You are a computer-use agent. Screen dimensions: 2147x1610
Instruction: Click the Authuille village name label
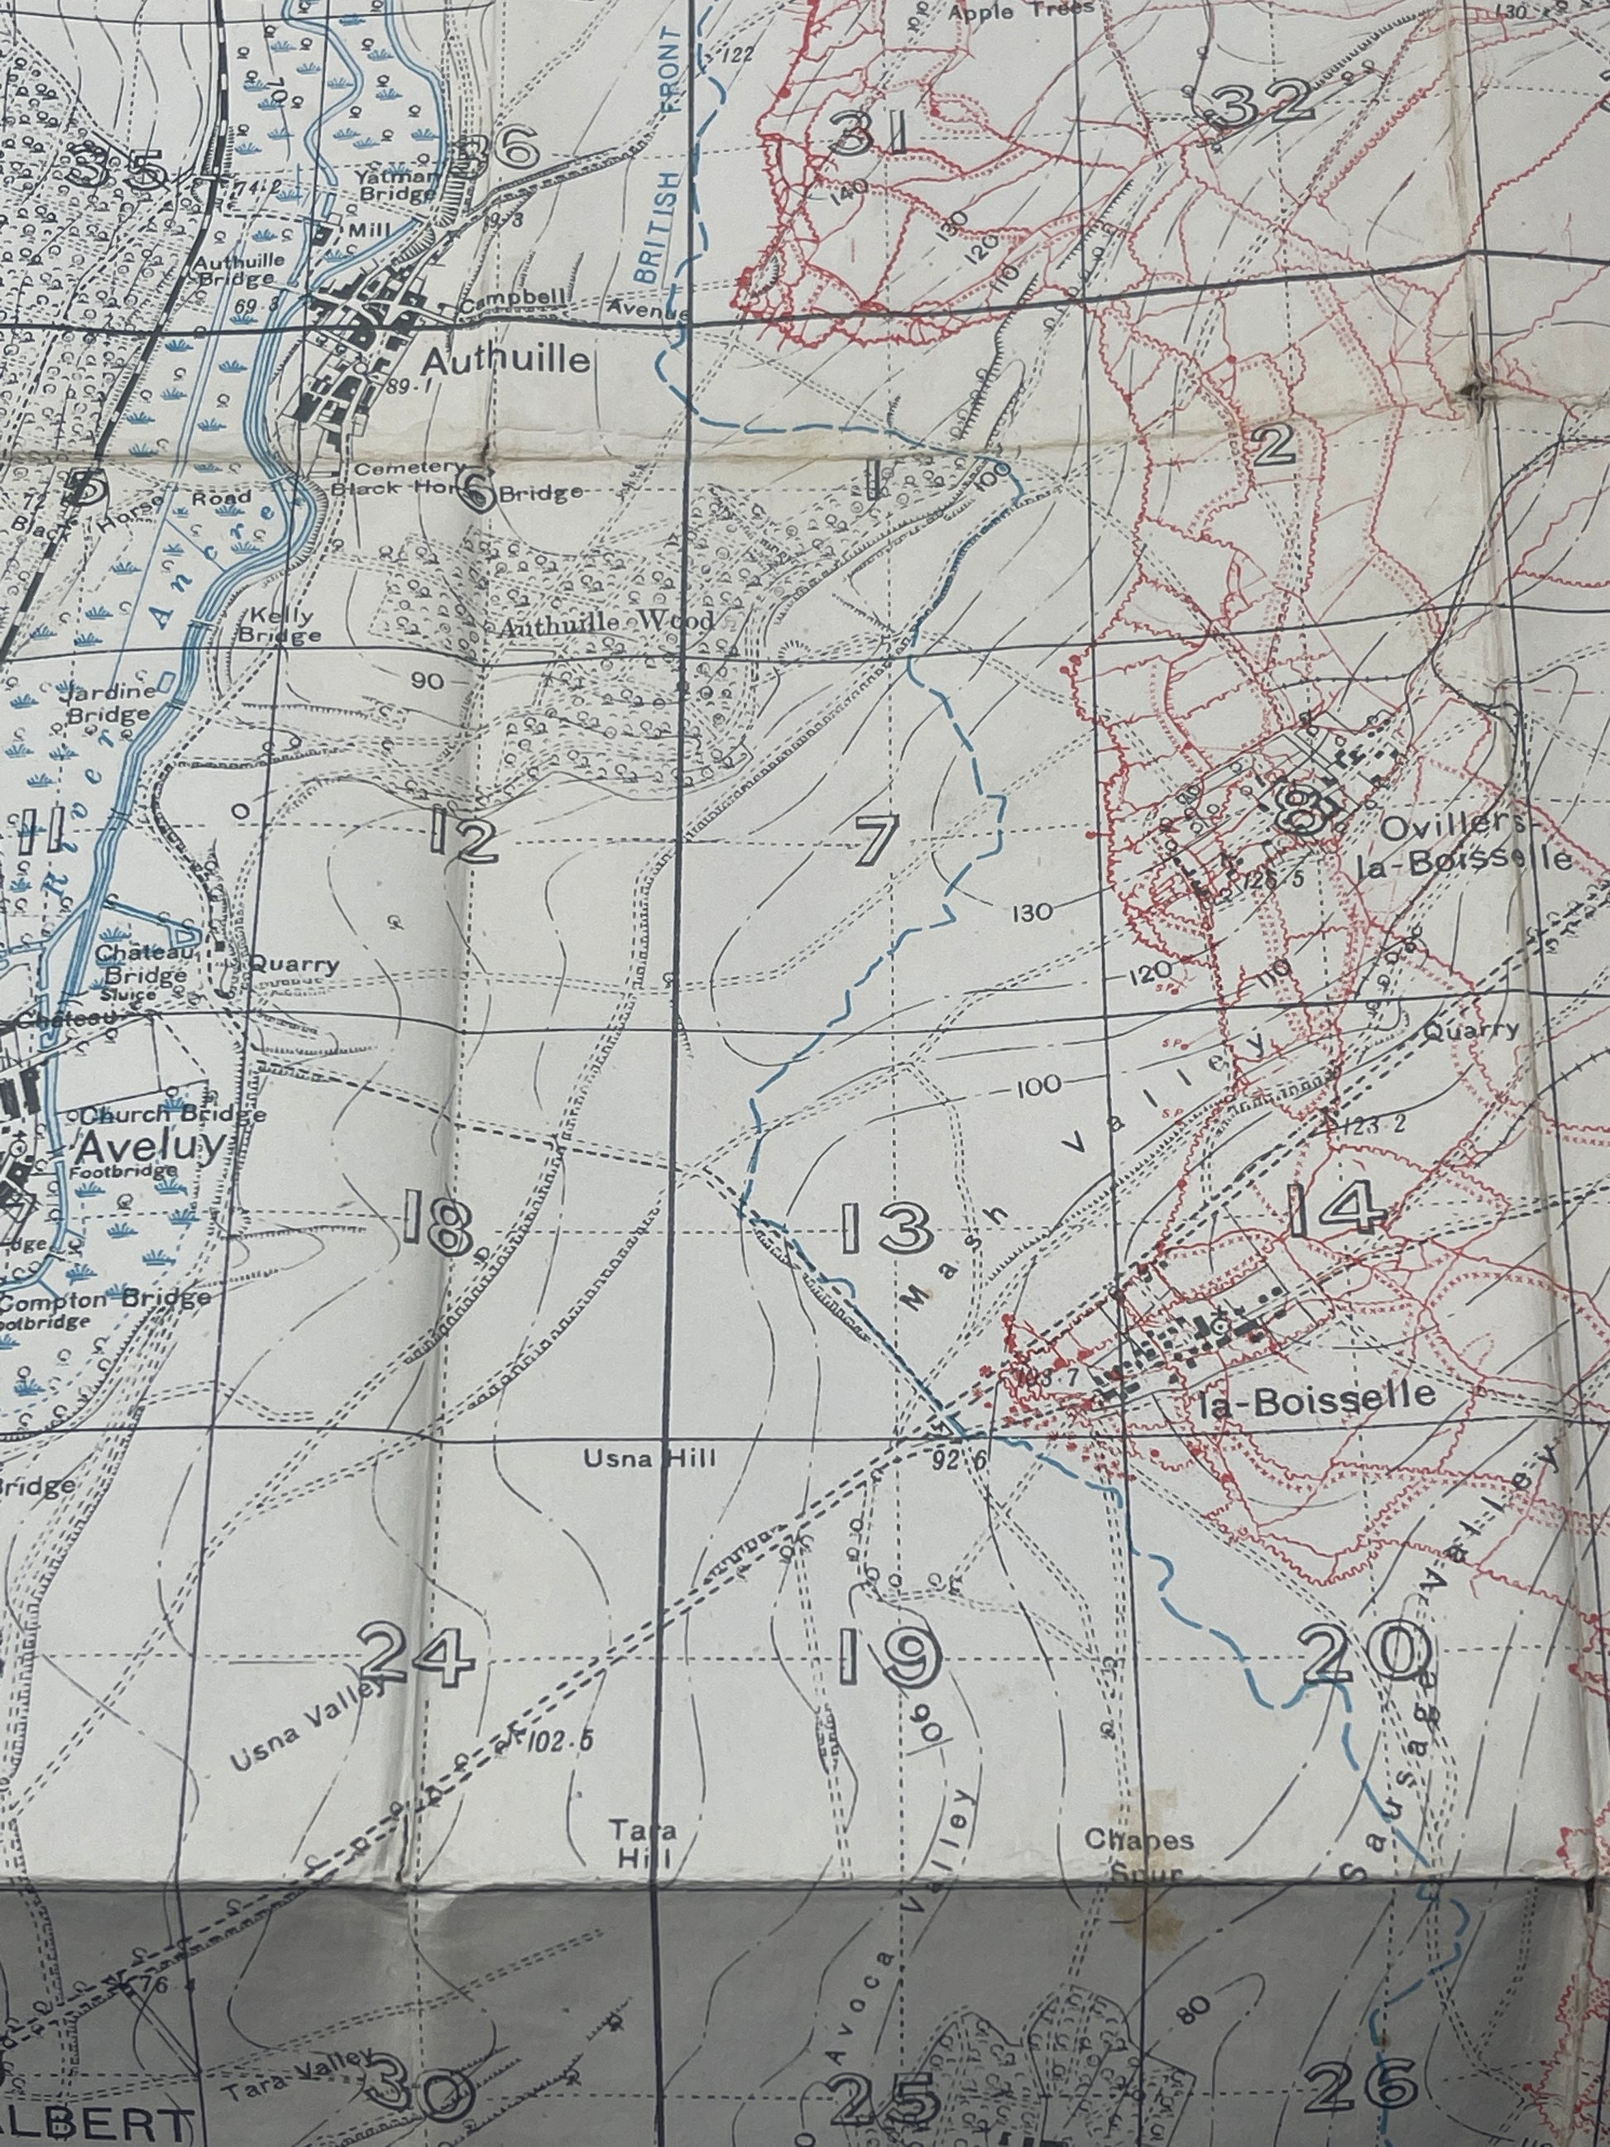(x=506, y=361)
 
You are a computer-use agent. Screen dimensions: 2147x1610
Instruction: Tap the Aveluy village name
(x=151, y=1148)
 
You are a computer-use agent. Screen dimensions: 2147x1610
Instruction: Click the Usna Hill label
(x=649, y=1458)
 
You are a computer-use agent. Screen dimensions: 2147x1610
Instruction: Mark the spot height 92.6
(x=955, y=1459)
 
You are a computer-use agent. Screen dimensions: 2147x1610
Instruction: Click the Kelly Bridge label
(x=281, y=626)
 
